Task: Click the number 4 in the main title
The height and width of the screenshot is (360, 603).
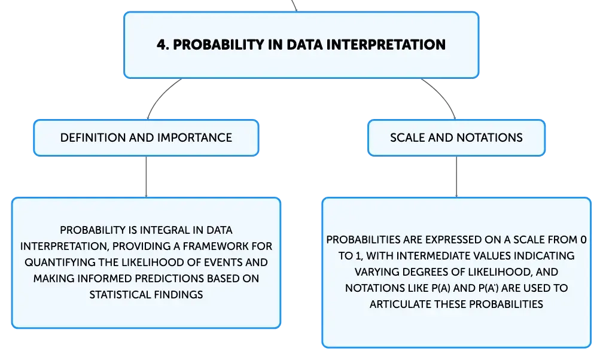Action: click(162, 45)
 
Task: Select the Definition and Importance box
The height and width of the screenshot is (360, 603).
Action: click(146, 138)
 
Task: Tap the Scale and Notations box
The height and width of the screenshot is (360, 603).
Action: click(456, 138)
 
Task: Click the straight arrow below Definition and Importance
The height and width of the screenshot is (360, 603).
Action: click(146, 177)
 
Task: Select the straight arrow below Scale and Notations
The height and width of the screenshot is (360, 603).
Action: click(456, 177)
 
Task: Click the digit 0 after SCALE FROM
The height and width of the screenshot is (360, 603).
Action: click(583, 240)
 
